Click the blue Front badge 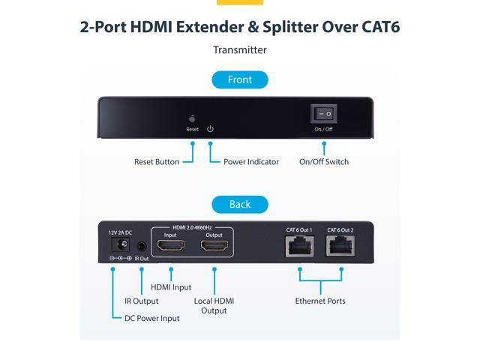[x=240, y=80]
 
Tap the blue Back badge [x=240, y=205]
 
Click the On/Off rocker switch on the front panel [x=324, y=113]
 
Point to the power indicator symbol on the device [x=210, y=129]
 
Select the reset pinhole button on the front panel [x=192, y=118]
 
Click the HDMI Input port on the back [x=171, y=245]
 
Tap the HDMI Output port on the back [x=214, y=245]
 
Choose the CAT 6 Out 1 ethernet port [x=300, y=246]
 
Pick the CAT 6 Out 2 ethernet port [x=340, y=246]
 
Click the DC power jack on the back [x=120, y=244]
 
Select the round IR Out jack [x=141, y=246]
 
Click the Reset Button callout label [x=157, y=162]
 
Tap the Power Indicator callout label [x=251, y=162]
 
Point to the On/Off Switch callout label [x=324, y=162]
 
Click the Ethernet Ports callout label [x=320, y=301]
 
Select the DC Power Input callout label [x=151, y=318]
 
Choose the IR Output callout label [x=142, y=301]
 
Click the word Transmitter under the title [x=240, y=50]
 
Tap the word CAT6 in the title [x=381, y=27]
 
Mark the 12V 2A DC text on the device [x=120, y=232]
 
